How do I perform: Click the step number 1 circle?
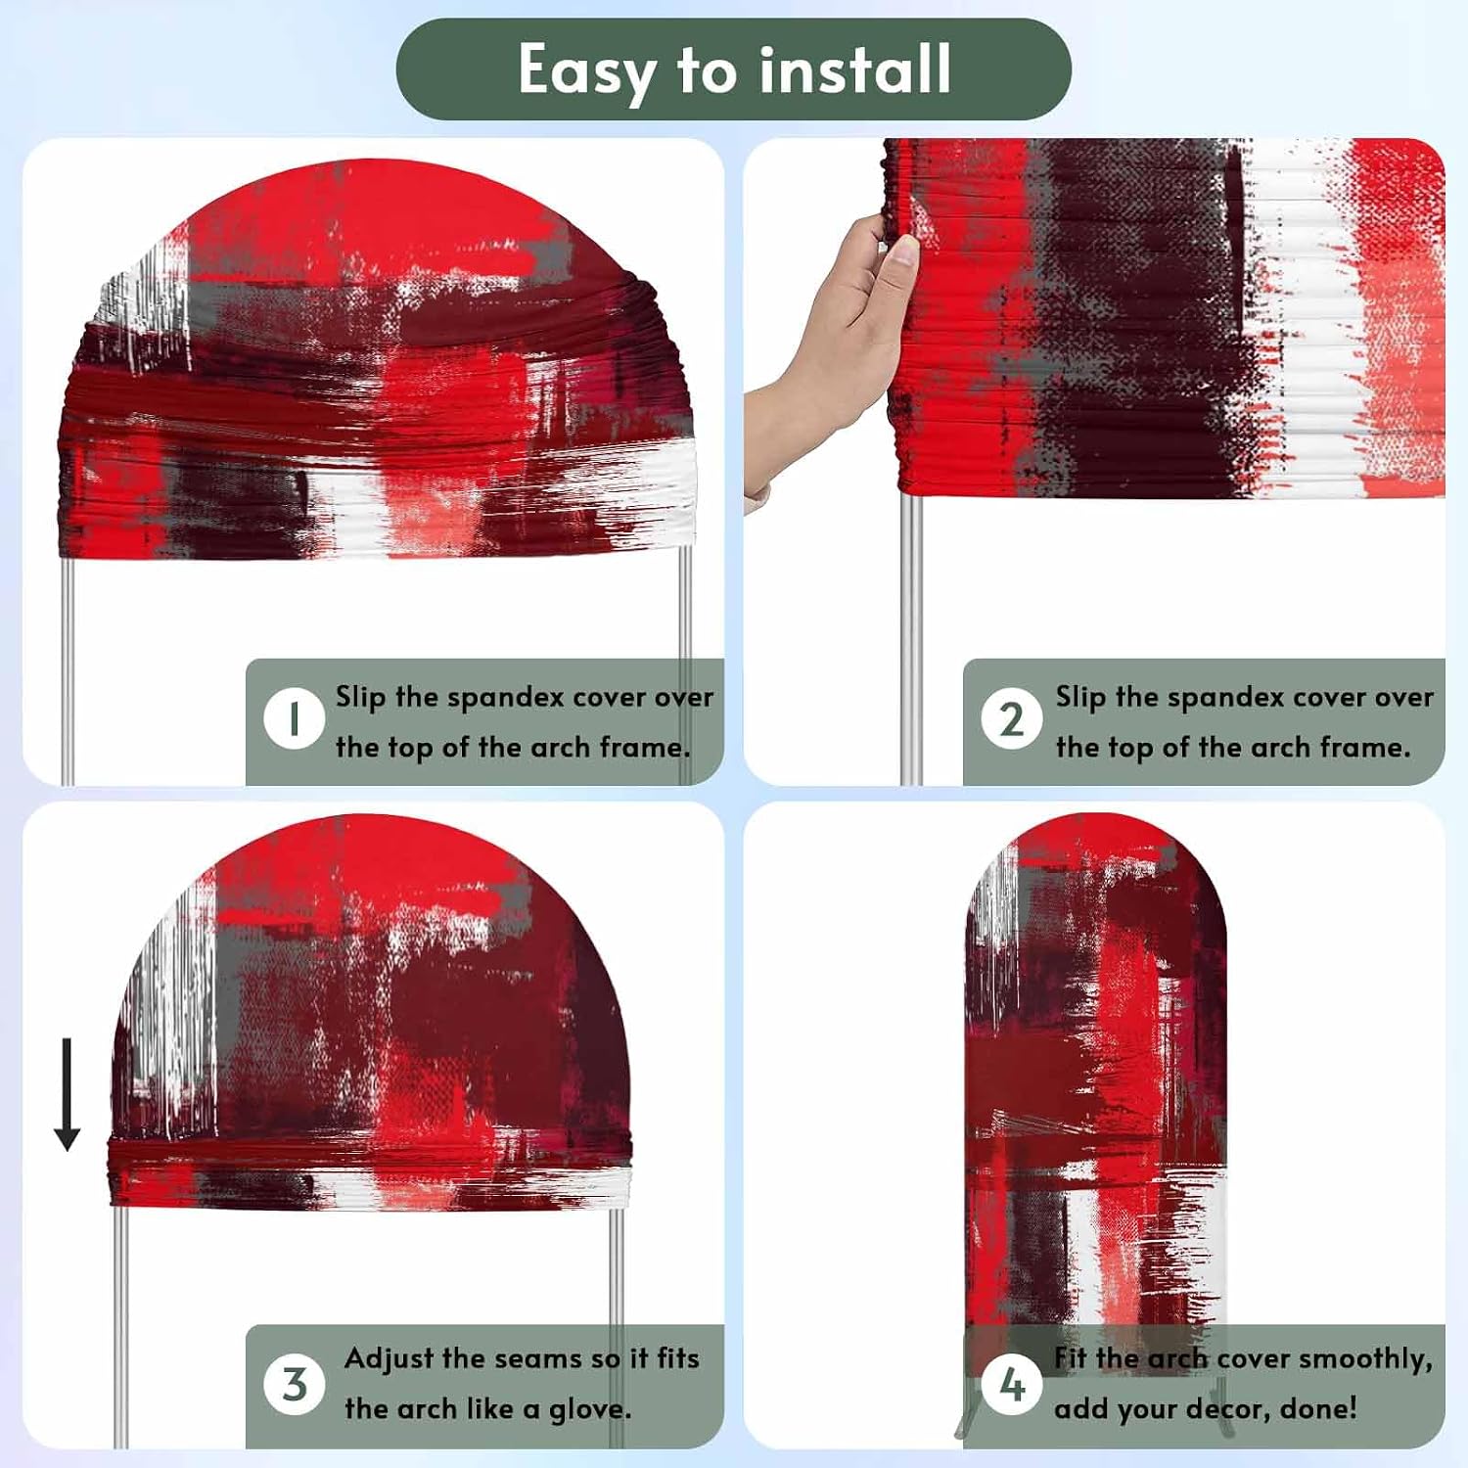294,719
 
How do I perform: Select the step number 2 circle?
1012,719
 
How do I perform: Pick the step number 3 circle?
294,1384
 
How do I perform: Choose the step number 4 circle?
1012,1384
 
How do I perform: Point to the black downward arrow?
67,1094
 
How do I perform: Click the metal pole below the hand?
911,636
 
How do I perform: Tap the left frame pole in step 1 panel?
68,670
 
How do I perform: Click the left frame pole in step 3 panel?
120,1326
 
